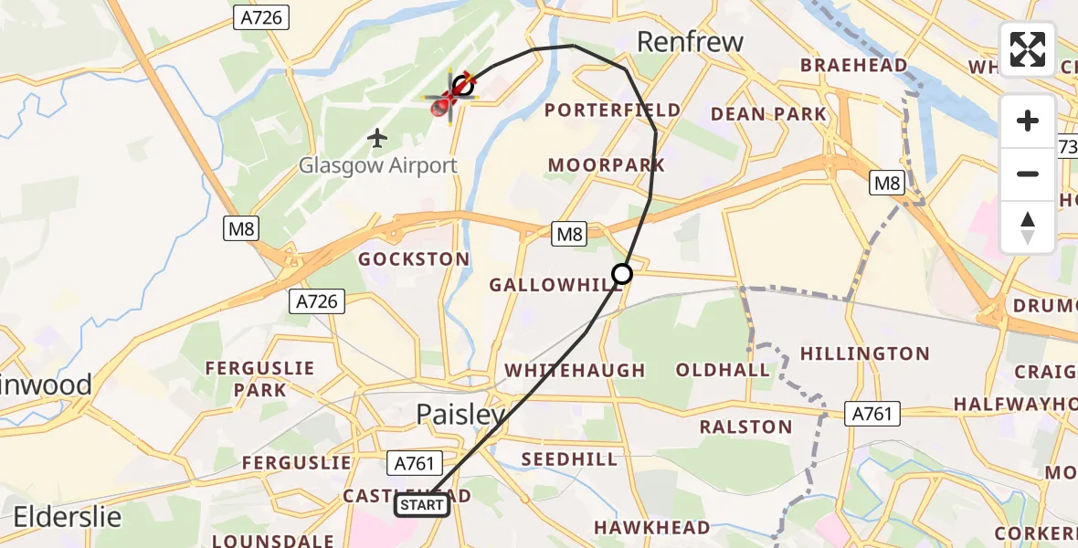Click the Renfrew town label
point(690,42)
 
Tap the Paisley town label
point(460,415)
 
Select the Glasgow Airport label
point(378,166)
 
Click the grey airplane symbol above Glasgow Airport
point(377,138)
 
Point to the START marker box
point(421,505)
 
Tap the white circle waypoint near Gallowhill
point(621,274)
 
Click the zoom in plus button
point(1028,121)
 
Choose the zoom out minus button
point(1028,174)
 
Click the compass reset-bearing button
point(1028,226)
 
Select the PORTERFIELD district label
point(612,111)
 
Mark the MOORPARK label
point(606,165)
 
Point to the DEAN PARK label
point(767,114)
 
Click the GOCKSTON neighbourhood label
point(414,259)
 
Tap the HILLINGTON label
point(864,353)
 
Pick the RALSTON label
point(745,427)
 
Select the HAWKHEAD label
point(651,527)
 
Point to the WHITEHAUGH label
point(575,371)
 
